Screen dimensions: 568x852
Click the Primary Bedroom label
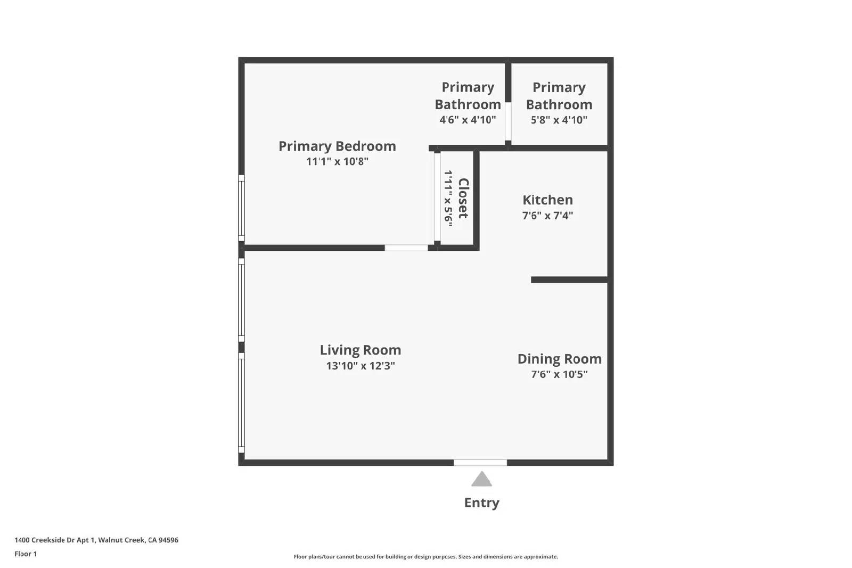[x=337, y=146]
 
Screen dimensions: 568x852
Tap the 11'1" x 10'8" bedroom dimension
[x=337, y=161]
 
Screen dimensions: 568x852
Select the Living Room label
[x=361, y=350]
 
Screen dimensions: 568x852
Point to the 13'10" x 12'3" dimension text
[x=361, y=366]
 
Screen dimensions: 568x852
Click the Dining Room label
[x=560, y=359]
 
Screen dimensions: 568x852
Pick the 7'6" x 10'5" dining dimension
[x=560, y=374]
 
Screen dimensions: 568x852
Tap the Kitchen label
[x=548, y=200]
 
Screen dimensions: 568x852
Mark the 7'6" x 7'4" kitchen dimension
[x=548, y=216]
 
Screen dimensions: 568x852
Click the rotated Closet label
[x=463, y=198]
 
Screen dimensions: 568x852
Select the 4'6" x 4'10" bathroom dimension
[x=468, y=120]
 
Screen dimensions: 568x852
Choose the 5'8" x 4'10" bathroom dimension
[x=559, y=120]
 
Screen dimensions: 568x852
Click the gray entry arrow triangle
[x=481, y=480]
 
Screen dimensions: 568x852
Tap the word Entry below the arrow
[x=481, y=503]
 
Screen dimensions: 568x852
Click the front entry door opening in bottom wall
[x=480, y=463]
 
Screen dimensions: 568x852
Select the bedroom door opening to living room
[x=406, y=248]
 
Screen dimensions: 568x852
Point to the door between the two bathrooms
[x=508, y=121]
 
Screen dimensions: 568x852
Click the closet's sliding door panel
[x=437, y=197]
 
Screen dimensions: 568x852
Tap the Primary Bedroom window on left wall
[x=241, y=208]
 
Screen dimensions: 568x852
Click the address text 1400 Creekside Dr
[x=96, y=540]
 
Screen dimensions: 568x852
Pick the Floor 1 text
[x=26, y=554]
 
